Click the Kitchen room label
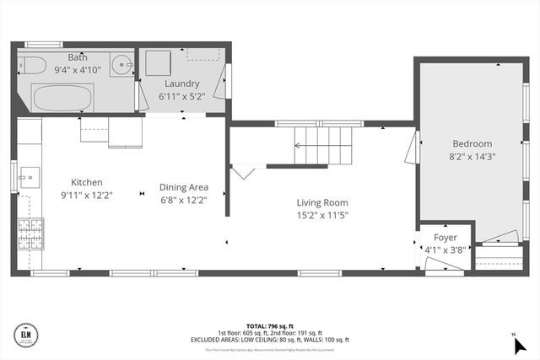pyautogui.click(x=86, y=182)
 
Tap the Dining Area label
pyautogui.click(x=183, y=187)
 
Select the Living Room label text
pyautogui.click(x=321, y=202)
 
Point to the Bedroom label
pyautogui.click(x=472, y=143)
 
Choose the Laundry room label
pyautogui.click(x=182, y=84)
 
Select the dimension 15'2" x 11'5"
pyautogui.click(x=321, y=215)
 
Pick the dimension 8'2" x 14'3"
pyautogui.click(x=472, y=156)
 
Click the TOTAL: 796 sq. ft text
pyautogui.click(x=269, y=325)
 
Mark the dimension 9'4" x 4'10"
pyautogui.click(x=78, y=70)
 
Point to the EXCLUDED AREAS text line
pyautogui.click(x=269, y=339)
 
